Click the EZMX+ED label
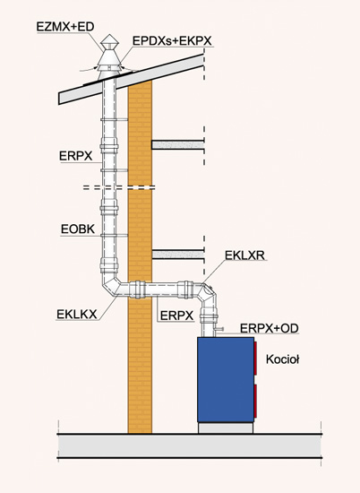(65, 27)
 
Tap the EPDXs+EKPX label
(172, 41)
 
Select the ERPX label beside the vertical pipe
(76, 156)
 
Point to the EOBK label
(78, 229)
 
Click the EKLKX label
(77, 314)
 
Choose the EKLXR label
(245, 255)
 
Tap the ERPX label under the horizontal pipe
(176, 316)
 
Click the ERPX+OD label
(270, 328)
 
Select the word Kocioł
(282, 359)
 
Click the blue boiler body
(226, 379)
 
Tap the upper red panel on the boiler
(255, 359)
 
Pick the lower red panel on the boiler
(255, 401)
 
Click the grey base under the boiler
(226, 428)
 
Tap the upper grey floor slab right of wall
(178, 145)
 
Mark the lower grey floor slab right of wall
(178, 255)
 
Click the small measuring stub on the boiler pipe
(219, 329)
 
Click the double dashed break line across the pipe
(119, 187)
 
